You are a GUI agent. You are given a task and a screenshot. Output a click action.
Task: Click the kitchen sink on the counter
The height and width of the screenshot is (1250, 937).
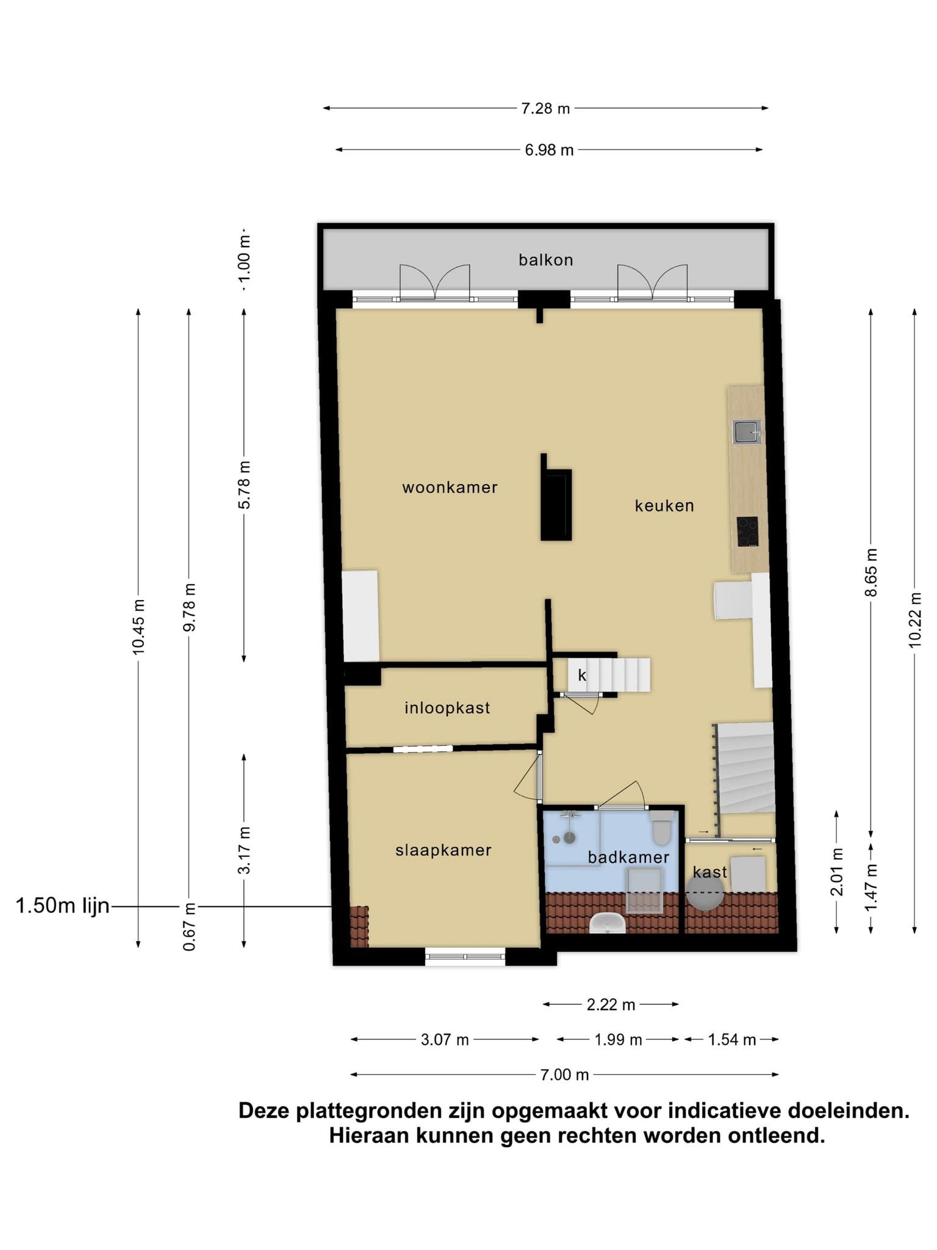pyautogui.click(x=747, y=432)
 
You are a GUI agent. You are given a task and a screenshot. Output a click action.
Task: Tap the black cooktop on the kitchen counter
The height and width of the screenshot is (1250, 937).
pyautogui.click(x=747, y=532)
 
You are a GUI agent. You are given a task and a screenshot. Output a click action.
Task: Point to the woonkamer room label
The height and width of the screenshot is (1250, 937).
pyautogui.click(x=450, y=488)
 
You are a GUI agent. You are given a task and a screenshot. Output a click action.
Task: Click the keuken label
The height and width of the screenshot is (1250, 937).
pyautogui.click(x=664, y=505)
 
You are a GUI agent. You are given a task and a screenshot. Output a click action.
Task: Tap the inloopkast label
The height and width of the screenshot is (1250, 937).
pyautogui.click(x=447, y=708)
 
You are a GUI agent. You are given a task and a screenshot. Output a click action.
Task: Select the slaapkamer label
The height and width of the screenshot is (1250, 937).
pyautogui.click(x=443, y=850)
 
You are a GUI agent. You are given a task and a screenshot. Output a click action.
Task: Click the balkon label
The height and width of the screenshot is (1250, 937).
pyautogui.click(x=546, y=260)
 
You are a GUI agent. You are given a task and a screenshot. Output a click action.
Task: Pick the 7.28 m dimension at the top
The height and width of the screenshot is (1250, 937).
pyautogui.click(x=545, y=109)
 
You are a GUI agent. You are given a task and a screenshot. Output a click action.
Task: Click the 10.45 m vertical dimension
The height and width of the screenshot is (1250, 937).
pyautogui.click(x=139, y=627)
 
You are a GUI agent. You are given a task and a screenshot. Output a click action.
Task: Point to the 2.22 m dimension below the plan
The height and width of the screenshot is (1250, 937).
pyautogui.click(x=611, y=1005)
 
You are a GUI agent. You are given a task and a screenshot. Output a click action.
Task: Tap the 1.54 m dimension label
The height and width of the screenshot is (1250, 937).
pyautogui.click(x=731, y=1039)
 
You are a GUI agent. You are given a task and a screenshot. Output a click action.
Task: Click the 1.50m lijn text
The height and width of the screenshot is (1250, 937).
pyautogui.click(x=62, y=906)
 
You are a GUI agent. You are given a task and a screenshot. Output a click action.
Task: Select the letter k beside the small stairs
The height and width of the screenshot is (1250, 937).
pyautogui.click(x=582, y=675)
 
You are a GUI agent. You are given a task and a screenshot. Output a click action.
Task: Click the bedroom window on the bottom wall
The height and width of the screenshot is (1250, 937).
pyautogui.click(x=465, y=956)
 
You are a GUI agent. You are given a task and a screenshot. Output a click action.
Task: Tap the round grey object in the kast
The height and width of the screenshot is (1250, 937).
pyautogui.click(x=706, y=893)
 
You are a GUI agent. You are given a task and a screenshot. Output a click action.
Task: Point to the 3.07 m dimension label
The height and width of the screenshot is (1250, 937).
pyautogui.click(x=445, y=1039)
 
